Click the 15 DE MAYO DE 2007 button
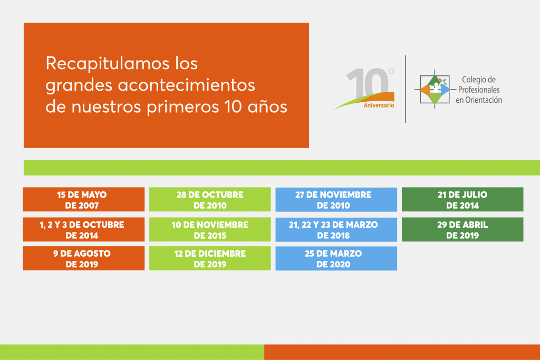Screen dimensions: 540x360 [84, 199]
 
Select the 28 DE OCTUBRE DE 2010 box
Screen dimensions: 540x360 [210, 199]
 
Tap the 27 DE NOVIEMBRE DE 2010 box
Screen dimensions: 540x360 [336, 199]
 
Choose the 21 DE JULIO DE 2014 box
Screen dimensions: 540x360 [462, 199]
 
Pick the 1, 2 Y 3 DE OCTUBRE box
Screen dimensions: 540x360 [84, 229]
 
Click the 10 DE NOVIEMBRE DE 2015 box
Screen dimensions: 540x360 [210, 229]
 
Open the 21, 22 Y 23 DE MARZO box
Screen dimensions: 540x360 [336, 229]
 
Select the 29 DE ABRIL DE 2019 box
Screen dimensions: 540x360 [462, 229]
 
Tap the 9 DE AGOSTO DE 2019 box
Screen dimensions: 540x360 [84, 258]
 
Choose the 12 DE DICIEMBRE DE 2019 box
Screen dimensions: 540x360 [210, 258]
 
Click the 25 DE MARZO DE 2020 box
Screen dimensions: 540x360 [336, 258]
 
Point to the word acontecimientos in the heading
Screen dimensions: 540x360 [186, 85]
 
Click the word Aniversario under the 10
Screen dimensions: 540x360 [379, 105]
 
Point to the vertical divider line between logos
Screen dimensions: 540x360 [406, 89]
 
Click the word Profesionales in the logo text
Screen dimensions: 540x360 [479, 90]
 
